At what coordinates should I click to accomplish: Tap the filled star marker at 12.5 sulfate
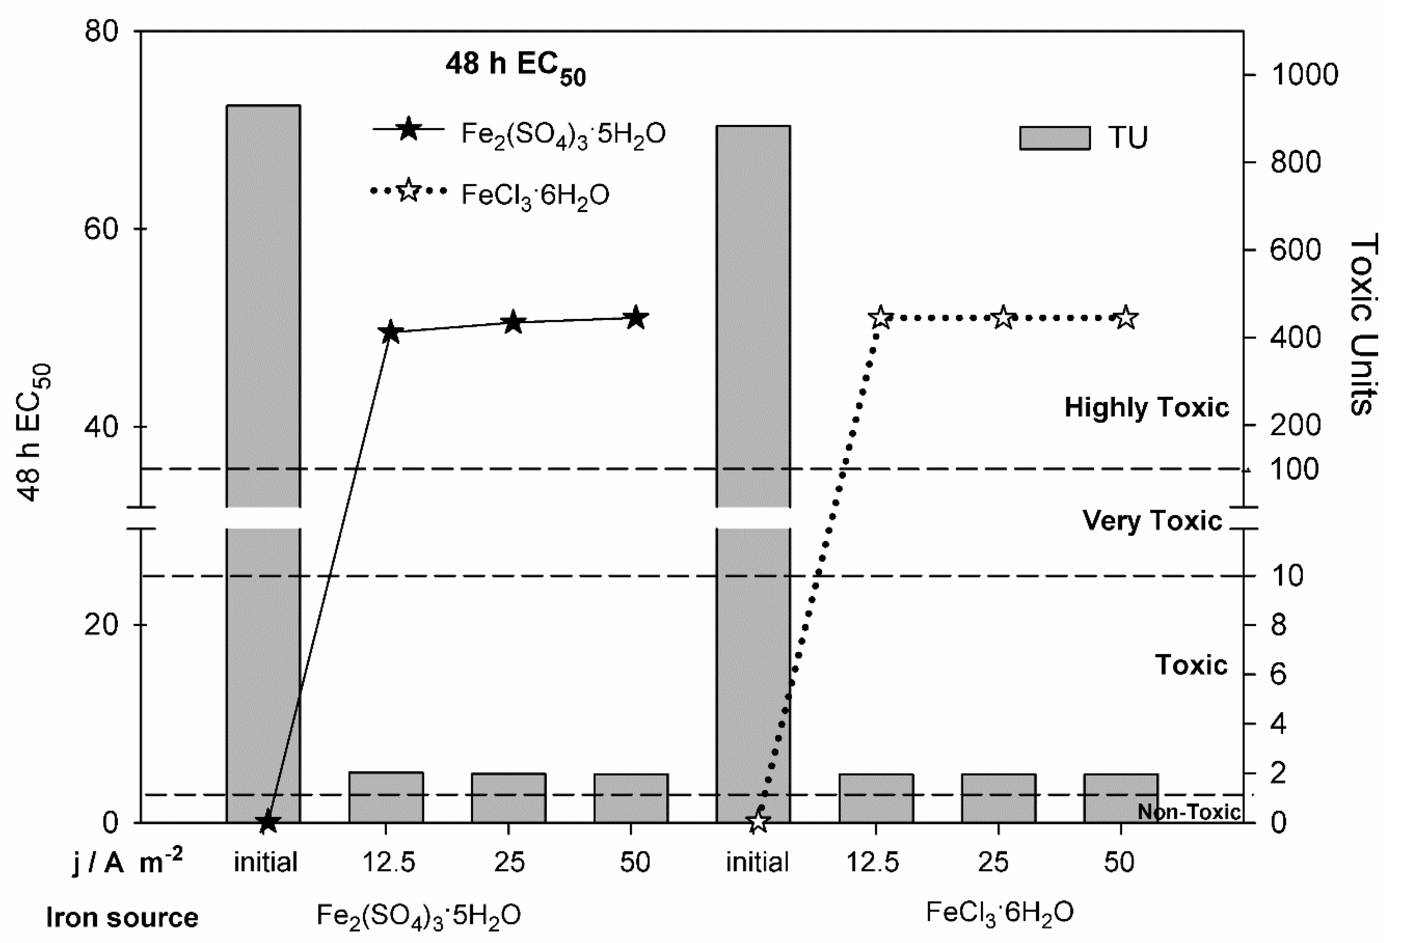coord(390,332)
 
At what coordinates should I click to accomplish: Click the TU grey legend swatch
coord(1054,138)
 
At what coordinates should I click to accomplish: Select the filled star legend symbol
coord(409,129)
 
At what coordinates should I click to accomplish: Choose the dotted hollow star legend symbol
coord(409,191)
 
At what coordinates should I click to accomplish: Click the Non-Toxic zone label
coord(1189,812)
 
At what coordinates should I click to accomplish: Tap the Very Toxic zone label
coord(1152,520)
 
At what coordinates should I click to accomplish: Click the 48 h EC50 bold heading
coord(515,66)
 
